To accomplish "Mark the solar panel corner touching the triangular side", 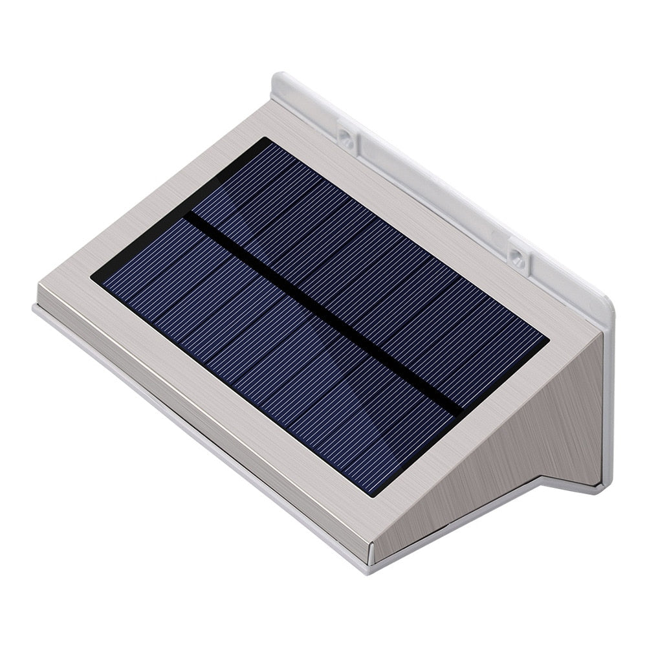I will tap(549, 338).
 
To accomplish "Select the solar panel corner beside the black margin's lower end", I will tap(92, 280).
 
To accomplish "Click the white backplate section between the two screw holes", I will tap(433, 194).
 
